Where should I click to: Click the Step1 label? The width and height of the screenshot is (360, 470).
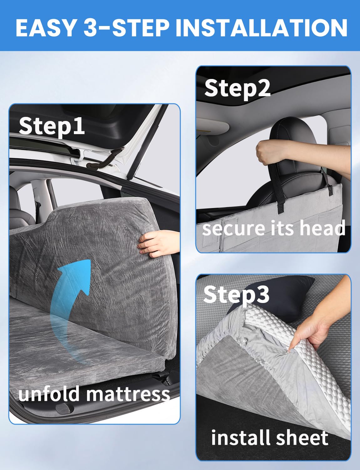tap(52, 126)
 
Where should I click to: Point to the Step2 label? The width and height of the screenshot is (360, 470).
tap(237, 88)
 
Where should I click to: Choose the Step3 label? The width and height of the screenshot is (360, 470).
tap(236, 295)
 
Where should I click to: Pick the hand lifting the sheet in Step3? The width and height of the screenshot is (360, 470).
tap(316, 329)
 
